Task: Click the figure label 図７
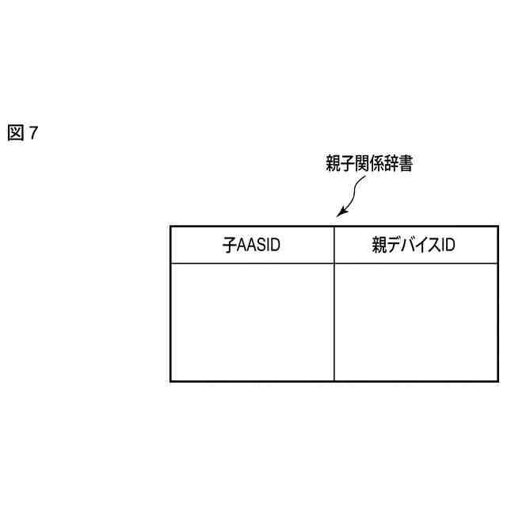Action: pyautogui.click(x=22, y=133)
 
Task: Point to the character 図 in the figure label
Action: pyautogui.click(x=15, y=133)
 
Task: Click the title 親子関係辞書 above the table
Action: pyautogui.click(x=368, y=164)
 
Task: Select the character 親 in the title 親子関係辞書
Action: pyautogui.click(x=333, y=164)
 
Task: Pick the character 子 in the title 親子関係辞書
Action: pyautogui.click(x=347, y=164)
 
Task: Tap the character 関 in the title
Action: pyautogui.click(x=361, y=164)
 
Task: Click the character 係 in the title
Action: pyautogui.click(x=375, y=164)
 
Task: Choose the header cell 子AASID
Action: pyautogui.click(x=252, y=246)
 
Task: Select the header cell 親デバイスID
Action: pyautogui.click(x=415, y=246)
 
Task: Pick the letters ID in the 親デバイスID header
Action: pyautogui.click(x=448, y=246)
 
